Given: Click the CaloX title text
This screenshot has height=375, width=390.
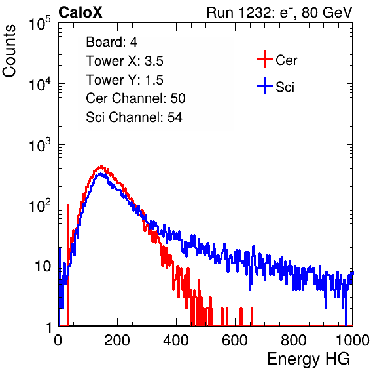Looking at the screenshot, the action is click(x=80, y=12).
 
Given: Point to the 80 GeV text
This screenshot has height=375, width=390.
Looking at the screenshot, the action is click(x=327, y=12).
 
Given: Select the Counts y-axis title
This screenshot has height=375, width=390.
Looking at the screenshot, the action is click(x=9, y=51).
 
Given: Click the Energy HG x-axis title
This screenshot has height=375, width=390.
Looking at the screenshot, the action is click(x=309, y=359).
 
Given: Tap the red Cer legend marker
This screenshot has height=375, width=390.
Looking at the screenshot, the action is click(x=264, y=59).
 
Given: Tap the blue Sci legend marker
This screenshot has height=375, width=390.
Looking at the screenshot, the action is click(x=264, y=87).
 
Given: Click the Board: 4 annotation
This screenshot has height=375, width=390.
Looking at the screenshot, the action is click(x=111, y=42).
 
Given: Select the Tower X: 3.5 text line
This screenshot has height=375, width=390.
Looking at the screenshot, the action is click(x=124, y=61).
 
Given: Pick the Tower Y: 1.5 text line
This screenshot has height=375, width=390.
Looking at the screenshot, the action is click(x=124, y=80).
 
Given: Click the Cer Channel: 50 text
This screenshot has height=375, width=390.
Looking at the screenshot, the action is click(x=135, y=98).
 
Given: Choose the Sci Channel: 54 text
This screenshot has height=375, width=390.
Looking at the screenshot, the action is click(x=134, y=117).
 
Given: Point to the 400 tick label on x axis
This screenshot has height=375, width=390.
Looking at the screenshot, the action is click(x=176, y=340).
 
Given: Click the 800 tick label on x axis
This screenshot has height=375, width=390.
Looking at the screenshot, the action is click(x=294, y=340).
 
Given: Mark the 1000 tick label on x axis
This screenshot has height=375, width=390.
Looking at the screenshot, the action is click(x=353, y=340).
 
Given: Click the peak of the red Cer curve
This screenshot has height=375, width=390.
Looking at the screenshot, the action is click(x=101, y=166).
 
